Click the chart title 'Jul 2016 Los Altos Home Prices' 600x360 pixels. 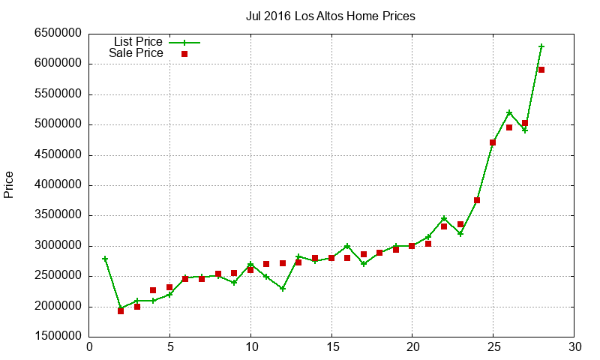click(x=330, y=16)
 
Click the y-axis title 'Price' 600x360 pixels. click(x=9, y=184)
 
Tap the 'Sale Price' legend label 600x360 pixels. click(x=136, y=53)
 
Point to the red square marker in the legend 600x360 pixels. click(x=184, y=54)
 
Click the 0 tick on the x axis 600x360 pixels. click(x=89, y=347)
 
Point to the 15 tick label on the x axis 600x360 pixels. click(x=331, y=347)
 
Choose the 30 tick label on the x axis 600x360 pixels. click(x=574, y=347)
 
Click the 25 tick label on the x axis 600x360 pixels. click(x=493, y=347)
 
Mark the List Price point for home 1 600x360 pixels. click(x=105, y=259)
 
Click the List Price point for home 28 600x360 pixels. click(x=541, y=46)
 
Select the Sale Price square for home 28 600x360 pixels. click(x=541, y=70)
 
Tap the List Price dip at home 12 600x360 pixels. click(x=283, y=289)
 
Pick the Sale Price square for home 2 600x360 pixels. click(x=121, y=310)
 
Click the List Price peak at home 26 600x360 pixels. click(x=509, y=112)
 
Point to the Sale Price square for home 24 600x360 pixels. click(x=477, y=200)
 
